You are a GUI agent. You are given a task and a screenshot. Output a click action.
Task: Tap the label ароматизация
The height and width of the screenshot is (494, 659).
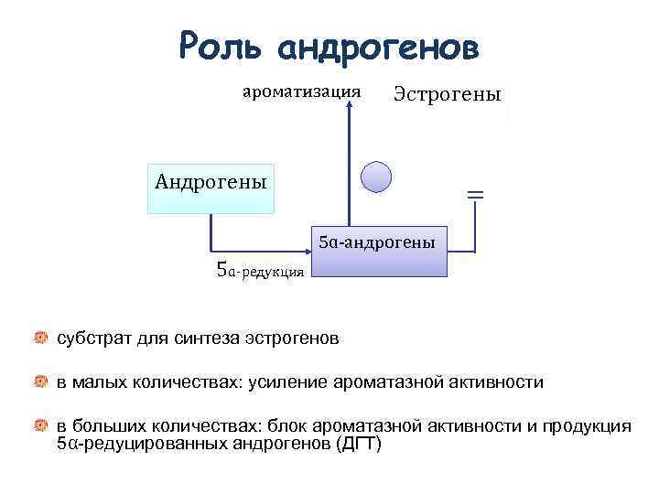(300, 91)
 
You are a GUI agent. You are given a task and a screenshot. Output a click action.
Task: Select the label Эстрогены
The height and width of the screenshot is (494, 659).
(448, 94)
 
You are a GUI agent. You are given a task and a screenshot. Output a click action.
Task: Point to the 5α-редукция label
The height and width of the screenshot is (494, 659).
(259, 271)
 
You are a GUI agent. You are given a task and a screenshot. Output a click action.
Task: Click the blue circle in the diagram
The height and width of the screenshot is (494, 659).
(376, 177)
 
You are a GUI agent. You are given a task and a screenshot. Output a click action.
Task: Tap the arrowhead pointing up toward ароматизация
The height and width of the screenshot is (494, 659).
(348, 108)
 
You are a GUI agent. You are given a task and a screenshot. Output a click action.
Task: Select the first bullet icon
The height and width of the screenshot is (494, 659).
(41, 338)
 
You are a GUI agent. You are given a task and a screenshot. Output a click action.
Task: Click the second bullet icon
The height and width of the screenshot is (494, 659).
(41, 381)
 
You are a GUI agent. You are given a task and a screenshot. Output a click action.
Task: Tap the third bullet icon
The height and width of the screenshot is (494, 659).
(41, 425)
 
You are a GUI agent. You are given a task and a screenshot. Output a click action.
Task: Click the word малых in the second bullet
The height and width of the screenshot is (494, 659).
(100, 381)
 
